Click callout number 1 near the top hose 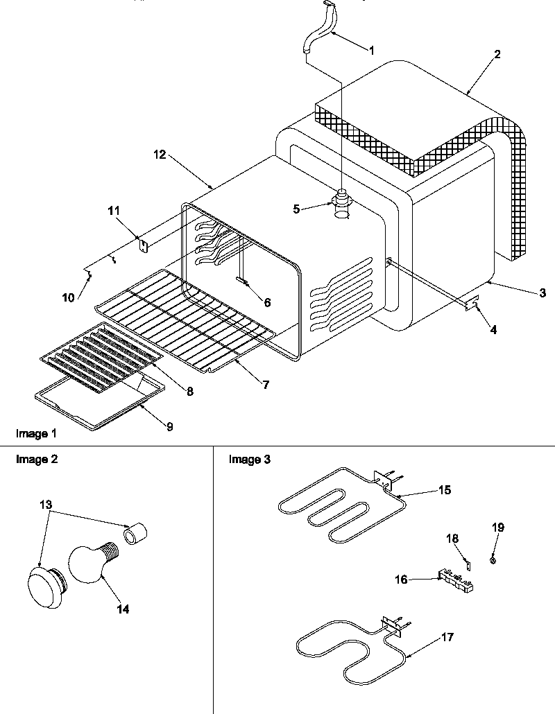tap(371, 50)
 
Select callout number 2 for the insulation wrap tap(498, 55)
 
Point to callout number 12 tap(160, 155)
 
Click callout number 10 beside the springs tap(68, 298)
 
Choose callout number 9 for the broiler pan tap(169, 426)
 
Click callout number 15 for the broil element tap(445, 490)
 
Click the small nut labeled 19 tap(493, 559)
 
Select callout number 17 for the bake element tap(447, 637)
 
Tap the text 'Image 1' tap(35, 433)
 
